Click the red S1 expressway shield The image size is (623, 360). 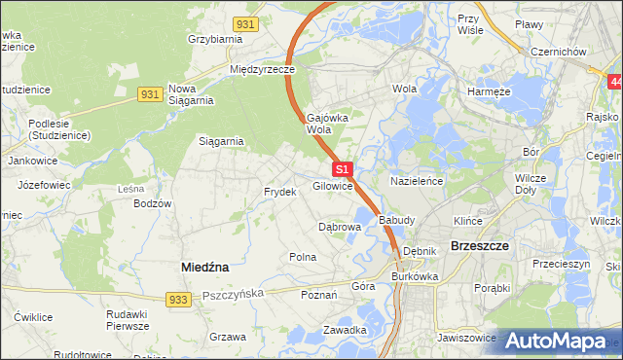coord(341,169)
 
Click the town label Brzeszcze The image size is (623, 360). coord(481,246)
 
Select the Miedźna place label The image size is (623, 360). coord(204,265)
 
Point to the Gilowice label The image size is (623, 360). coord(332,186)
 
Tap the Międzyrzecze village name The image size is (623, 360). coord(262,70)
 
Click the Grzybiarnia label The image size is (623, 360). coord(214,40)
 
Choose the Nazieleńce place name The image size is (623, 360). coord(418,182)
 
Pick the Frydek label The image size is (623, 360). coord(279,192)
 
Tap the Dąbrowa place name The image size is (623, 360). coord(340,226)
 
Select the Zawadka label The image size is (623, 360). coord(345,330)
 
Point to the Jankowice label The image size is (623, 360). coord(30,161)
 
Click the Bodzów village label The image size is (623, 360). coord(153,203)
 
